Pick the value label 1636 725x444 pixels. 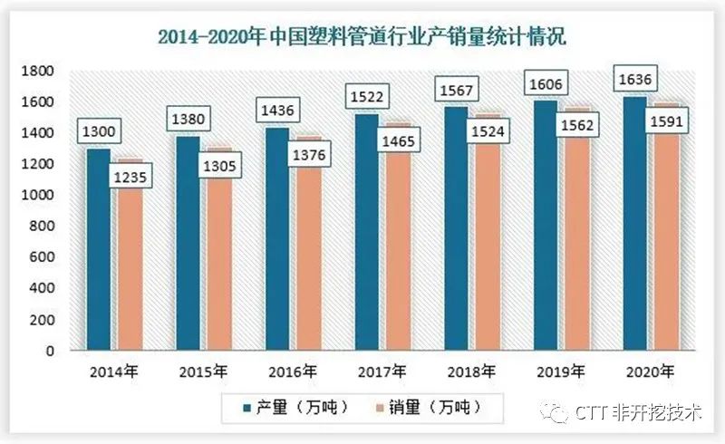pyautogui.click(x=637, y=80)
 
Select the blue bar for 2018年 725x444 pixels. pyautogui.click(x=456, y=236)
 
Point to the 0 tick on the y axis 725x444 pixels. pyautogui.click(x=51, y=351)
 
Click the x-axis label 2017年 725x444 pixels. pyautogui.click(x=382, y=372)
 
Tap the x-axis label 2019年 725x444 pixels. pyautogui.click(x=561, y=372)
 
